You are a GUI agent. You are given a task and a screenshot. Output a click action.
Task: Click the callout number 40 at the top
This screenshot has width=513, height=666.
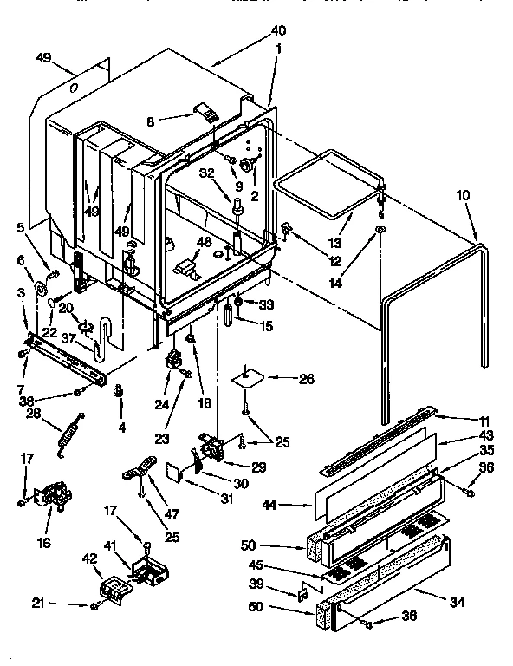point(278,31)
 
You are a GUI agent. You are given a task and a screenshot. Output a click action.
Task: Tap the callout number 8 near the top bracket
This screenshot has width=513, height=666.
point(151,123)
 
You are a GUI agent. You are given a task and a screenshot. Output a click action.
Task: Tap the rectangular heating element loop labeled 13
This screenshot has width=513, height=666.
point(328,183)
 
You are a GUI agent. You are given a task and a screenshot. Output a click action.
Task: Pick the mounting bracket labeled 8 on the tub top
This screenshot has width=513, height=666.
point(205,111)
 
